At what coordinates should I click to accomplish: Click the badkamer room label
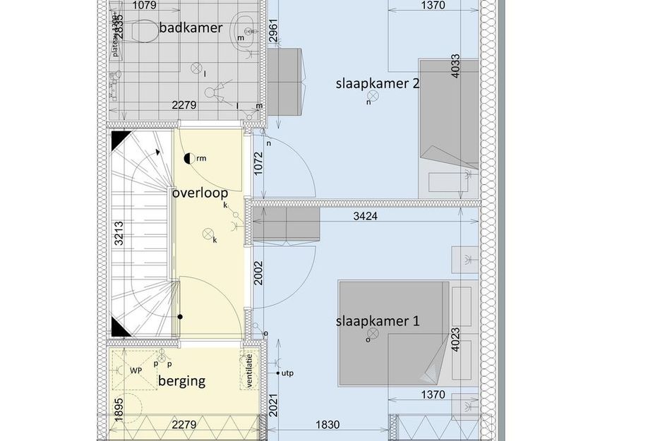tap(191, 28)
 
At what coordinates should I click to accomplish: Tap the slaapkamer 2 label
tap(377, 84)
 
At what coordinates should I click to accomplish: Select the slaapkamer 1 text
tap(377, 322)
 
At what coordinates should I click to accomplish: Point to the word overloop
tap(200, 192)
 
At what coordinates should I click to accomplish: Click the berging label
tap(181, 381)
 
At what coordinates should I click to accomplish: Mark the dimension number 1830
tap(328, 425)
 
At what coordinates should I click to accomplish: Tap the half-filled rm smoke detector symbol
tap(188, 159)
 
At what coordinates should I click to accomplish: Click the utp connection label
tap(287, 373)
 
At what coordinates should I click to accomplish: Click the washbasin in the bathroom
tap(248, 30)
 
